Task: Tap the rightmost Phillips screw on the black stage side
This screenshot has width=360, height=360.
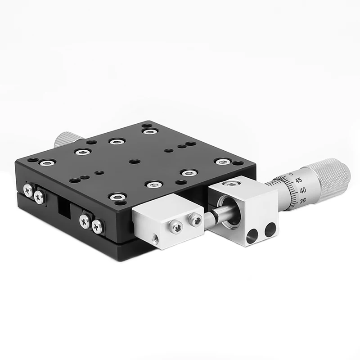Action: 98,226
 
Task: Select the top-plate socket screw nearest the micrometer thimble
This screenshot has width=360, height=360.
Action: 222,161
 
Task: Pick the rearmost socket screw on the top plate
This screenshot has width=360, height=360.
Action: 148,131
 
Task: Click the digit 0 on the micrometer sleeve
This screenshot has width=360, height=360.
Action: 291,173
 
